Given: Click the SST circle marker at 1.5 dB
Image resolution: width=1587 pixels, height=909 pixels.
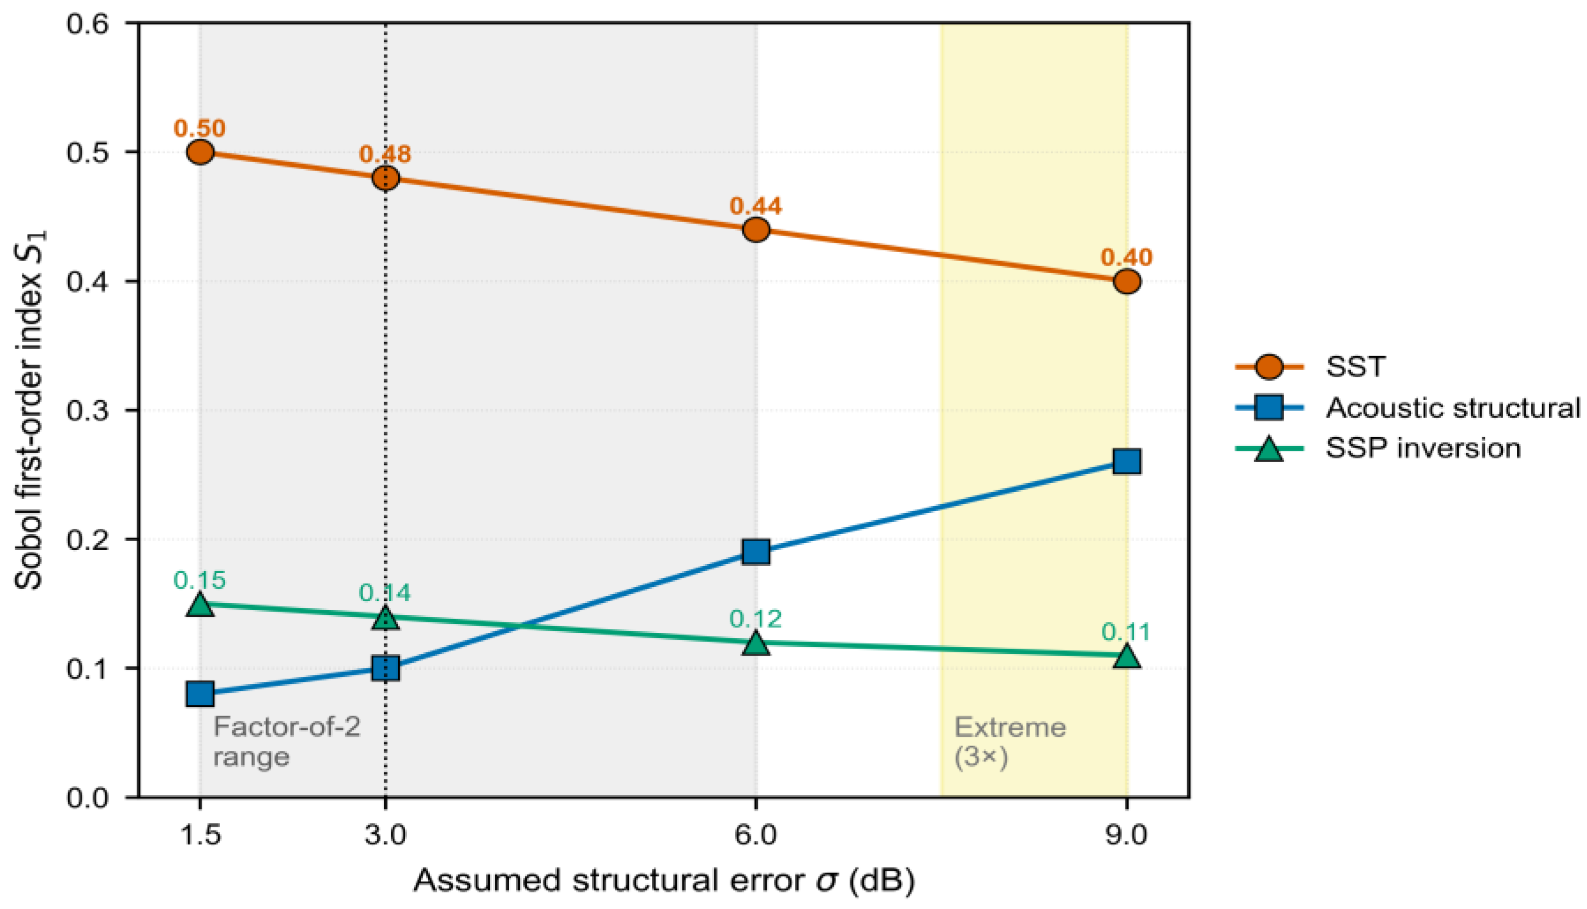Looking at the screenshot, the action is pyautogui.click(x=200, y=152).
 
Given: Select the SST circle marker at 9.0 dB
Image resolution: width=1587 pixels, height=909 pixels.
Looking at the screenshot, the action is pyautogui.click(x=1127, y=281).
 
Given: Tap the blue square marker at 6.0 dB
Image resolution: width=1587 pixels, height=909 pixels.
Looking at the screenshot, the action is pyautogui.click(x=756, y=552).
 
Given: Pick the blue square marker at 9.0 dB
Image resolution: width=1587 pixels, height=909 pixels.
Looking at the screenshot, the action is pyautogui.click(x=1127, y=461).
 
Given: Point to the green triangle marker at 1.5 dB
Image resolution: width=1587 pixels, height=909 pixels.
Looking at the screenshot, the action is pyautogui.click(x=200, y=603).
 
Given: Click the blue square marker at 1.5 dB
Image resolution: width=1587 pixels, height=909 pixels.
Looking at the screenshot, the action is pyautogui.click(x=200, y=693).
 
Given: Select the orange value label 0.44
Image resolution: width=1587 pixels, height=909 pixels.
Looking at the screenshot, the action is pyautogui.click(x=756, y=206).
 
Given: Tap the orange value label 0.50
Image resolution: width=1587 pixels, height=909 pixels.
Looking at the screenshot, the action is pyautogui.click(x=200, y=128).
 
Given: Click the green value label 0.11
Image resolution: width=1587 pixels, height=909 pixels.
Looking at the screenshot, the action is pyautogui.click(x=1127, y=632).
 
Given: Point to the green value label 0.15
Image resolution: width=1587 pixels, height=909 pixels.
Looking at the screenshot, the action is pyautogui.click(x=200, y=580).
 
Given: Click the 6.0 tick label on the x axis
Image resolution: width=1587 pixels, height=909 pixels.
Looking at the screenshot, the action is pyautogui.click(x=756, y=834).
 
